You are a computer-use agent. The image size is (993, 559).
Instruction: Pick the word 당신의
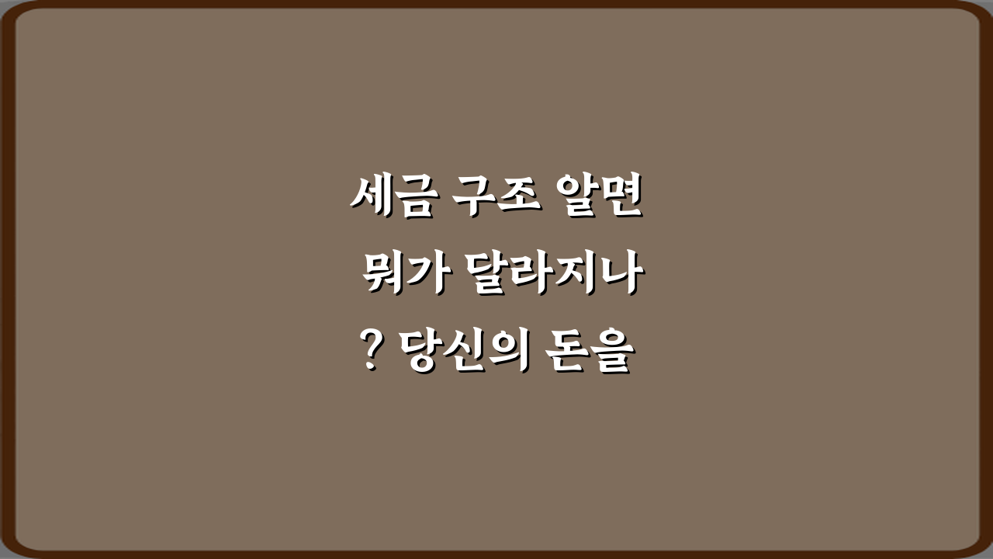[465, 353]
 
